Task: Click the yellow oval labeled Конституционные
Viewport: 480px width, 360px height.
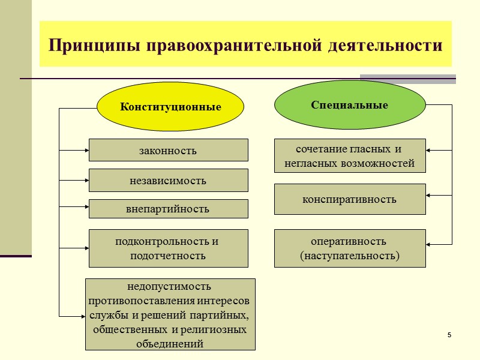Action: (170, 107)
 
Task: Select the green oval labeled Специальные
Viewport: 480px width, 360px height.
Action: (349, 105)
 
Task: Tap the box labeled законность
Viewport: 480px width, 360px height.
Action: (168, 150)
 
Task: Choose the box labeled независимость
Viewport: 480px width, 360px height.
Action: (168, 180)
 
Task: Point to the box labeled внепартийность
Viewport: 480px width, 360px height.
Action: (168, 209)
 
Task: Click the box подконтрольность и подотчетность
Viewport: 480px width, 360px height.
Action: (168, 248)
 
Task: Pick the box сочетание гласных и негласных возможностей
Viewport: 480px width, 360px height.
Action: (350, 156)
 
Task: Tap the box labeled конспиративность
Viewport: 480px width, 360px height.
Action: (350, 199)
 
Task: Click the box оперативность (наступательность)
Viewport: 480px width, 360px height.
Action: (350, 248)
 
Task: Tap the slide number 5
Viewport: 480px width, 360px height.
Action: (448, 334)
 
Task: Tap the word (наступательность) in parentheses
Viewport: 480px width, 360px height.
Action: (350, 256)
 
